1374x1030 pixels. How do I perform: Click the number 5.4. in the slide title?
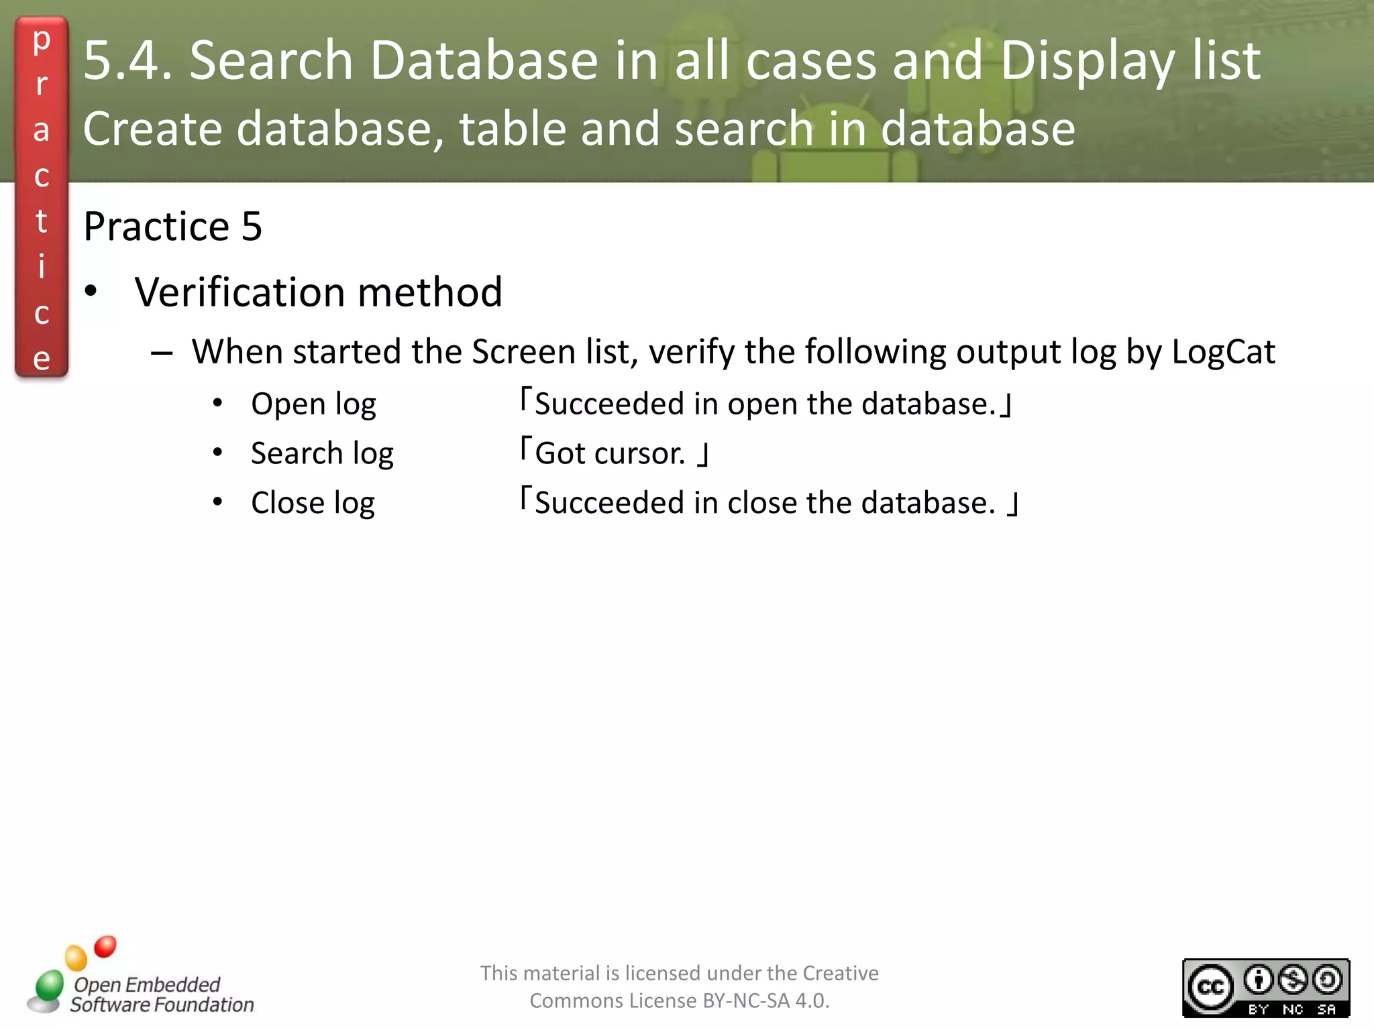127,60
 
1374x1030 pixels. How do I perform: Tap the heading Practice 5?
172,226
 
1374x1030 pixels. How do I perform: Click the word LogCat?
1223,352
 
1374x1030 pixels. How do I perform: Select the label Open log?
313,404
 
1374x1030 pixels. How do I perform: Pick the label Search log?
322,454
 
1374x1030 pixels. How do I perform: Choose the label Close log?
313,503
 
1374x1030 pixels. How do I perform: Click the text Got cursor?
610,454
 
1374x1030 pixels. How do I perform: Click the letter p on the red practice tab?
42,40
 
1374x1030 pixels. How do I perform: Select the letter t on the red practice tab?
42,221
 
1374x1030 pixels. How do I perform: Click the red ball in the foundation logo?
105,946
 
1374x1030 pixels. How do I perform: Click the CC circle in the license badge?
1210,986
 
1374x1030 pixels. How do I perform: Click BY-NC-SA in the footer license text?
745,1000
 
